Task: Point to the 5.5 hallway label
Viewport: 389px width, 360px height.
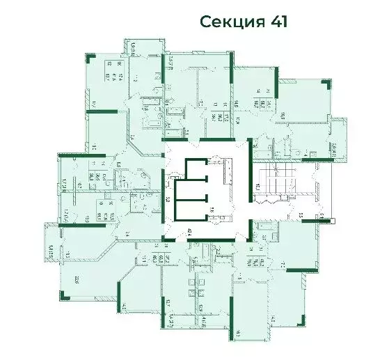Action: [301, 217]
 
